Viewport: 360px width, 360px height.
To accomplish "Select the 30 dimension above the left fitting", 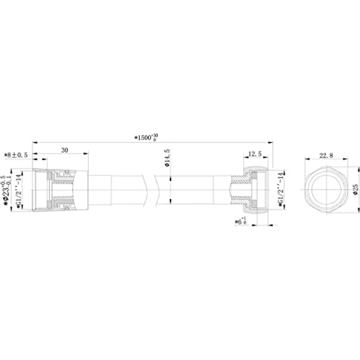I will [65, 150].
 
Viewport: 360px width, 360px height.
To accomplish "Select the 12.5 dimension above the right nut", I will [255, 154].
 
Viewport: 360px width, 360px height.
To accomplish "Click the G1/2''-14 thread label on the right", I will [280, 190].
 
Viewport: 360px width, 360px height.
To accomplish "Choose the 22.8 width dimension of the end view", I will [326, 156].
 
